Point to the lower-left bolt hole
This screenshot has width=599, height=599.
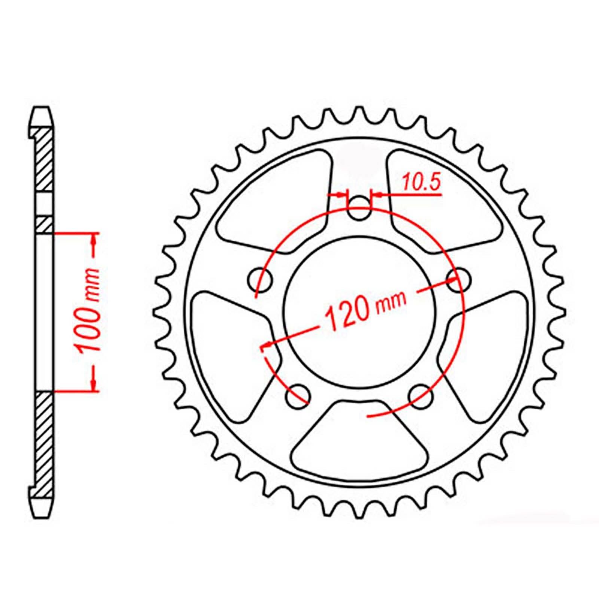(298, 396)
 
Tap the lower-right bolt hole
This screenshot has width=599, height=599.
(422, 396)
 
